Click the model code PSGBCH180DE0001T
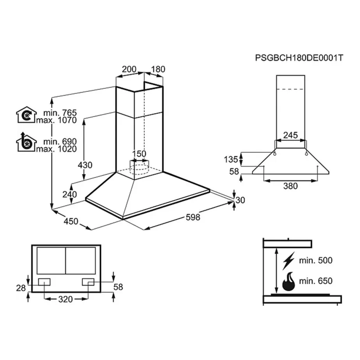pos(299,58)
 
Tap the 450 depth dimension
pos(71,222)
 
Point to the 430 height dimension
pos(85,165)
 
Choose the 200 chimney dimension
pos(129,70)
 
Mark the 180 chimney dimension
pos(158,70)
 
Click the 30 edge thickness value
pos(240,200)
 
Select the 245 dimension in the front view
pos(290,135)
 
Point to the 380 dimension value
pos(290,186)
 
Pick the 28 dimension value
pos(21,288)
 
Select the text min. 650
pos(315,281)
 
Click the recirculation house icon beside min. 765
pos(26,115)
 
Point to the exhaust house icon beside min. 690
pos(26,143)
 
